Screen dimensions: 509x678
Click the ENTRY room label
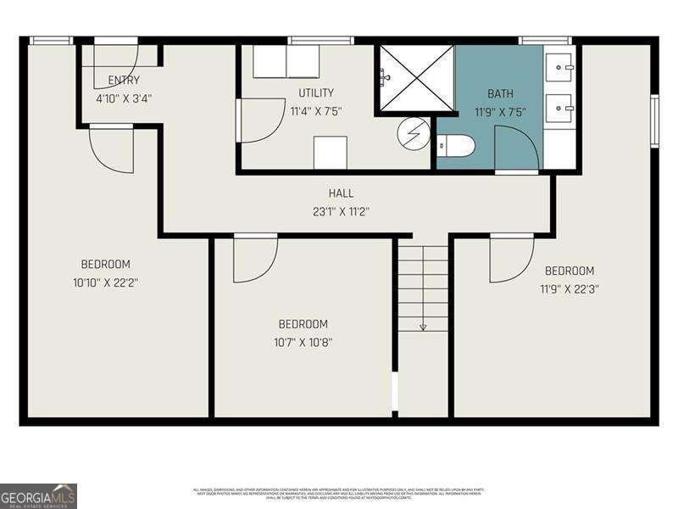pos(124,81)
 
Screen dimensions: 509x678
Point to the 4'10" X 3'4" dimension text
pos(124,98)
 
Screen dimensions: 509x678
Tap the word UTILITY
pos(315,92)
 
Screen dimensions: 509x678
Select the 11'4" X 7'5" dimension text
pos(315,110)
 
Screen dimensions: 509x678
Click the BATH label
pos(500,93)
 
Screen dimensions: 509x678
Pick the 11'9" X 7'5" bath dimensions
pos(500,111)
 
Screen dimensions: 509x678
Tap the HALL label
pos(342,193)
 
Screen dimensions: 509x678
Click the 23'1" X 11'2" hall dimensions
pos(342,211)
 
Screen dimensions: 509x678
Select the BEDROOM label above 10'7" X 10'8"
pos(303,324)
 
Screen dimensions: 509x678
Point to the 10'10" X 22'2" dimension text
pos(106,282)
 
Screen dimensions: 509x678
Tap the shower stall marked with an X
pos(416,78)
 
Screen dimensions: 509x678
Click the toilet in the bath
pos(455,146)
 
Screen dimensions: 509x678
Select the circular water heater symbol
pos(414,133)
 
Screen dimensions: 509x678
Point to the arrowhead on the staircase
pos(423,327)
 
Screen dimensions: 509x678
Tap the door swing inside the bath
pos(515,148)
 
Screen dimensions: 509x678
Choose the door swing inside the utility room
pos(260,120)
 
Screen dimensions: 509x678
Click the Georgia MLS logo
pos(38,495)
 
